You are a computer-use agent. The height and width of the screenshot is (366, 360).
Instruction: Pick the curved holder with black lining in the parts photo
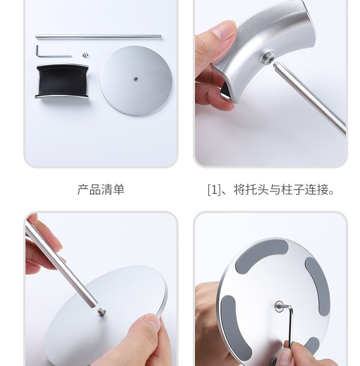pyautogui.click(x=62, y=81)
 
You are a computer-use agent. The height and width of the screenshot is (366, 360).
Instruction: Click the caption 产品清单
pyautogui.click(x=101, y=190)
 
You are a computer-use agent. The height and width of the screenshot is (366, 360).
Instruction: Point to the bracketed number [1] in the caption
pyautogui.click(x=214, y=190)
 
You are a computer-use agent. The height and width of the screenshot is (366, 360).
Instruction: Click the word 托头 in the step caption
pyautogui.click(x=257, y=190)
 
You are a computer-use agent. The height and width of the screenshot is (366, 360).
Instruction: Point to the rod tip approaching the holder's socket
pyautogui.click(x=278, y=66)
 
